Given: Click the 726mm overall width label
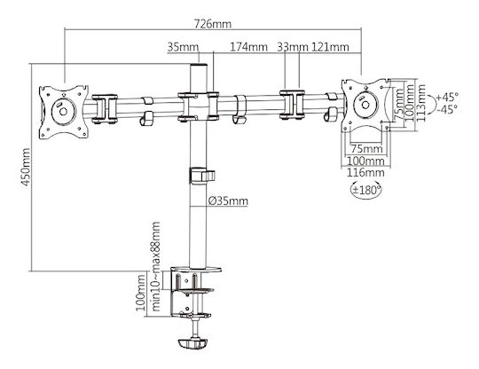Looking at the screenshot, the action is point(213,24).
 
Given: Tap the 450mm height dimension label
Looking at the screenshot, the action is point(26,167).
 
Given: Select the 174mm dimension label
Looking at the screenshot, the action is point(248,47).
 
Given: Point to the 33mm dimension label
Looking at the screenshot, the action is point(293,47).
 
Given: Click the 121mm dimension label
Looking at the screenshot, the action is point(330,47).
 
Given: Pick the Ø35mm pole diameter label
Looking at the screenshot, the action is point(228,201).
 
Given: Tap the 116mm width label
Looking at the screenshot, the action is point(365,173).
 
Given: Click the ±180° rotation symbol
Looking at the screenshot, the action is point(366,190).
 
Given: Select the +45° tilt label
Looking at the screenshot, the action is point(447,98).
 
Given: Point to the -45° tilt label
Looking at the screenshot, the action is point(447,109).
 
